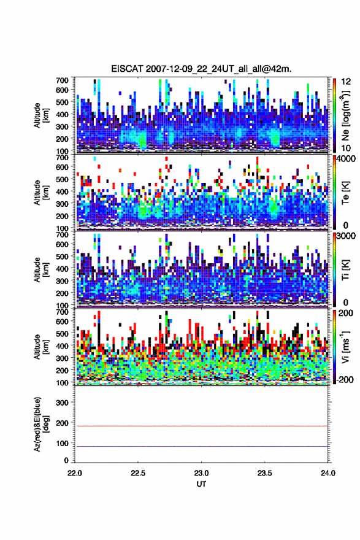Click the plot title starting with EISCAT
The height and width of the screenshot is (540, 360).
[201, 69]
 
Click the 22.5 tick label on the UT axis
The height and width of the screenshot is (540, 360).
[138, 473]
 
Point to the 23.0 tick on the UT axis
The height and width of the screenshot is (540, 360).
[201, 473]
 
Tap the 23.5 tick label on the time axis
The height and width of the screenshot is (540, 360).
[264, 473]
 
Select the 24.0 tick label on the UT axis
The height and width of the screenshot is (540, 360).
[327, 473]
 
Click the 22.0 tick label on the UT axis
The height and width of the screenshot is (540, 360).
[75, 473]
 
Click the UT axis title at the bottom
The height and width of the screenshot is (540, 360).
[201, 484]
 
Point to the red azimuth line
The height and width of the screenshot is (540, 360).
[201, 426]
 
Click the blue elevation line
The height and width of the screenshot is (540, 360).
[201, 446]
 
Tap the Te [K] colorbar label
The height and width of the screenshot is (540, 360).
[345, 193]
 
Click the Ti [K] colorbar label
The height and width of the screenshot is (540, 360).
[345, 270]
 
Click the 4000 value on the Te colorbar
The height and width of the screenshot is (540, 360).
[345, 159]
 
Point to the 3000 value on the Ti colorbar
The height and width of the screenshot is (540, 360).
[345, 236]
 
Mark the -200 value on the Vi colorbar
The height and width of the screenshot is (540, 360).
[344, 379]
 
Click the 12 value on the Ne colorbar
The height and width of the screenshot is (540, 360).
[346, 82]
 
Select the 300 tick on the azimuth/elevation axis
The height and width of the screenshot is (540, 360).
[62, 403]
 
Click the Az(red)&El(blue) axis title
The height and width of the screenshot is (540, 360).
[41, 424]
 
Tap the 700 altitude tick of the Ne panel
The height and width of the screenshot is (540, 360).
[62, 80]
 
